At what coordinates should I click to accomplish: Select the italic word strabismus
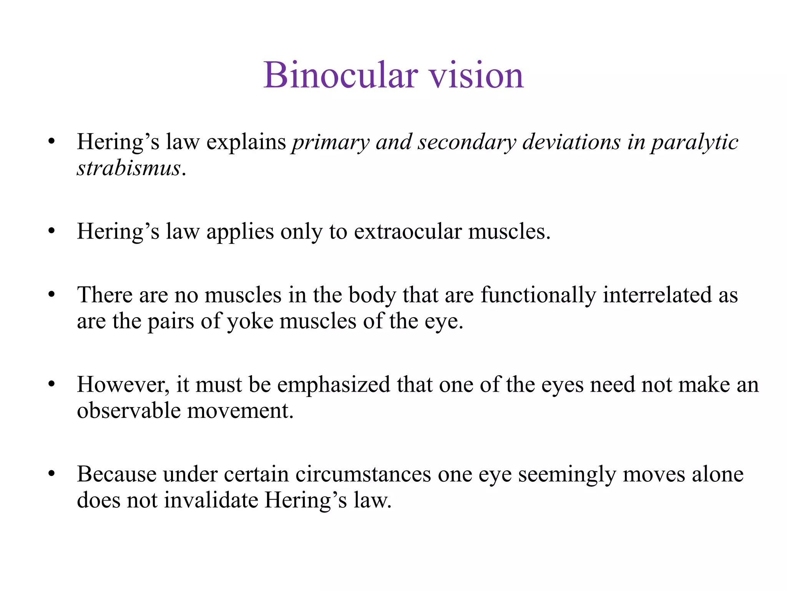(x=129, y=168)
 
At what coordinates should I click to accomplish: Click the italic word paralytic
(x=694, y=142)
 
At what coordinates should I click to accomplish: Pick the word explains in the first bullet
(x=246, y=142)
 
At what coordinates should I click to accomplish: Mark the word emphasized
(x=333, y=385)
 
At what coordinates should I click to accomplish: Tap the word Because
(x=116, y=474)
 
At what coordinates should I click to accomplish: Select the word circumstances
(x=363, y=474)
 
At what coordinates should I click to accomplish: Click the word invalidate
(x=211, y=500)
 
